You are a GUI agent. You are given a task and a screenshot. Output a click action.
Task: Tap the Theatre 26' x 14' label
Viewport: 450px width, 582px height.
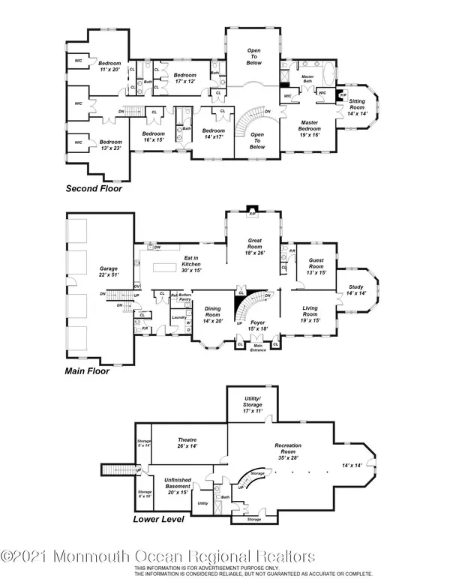click(x=187, y=443)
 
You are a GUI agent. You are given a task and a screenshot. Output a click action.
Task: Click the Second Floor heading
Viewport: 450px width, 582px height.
click(x=94, y=188)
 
